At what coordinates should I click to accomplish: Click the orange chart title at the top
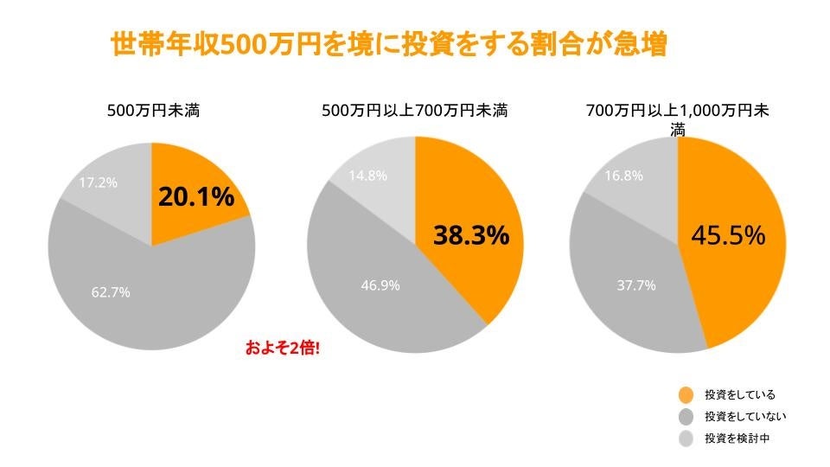pos(389,45)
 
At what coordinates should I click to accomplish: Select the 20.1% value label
pos(196,197)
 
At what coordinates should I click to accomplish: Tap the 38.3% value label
pos(470,235)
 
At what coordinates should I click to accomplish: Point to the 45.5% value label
pos(728,235)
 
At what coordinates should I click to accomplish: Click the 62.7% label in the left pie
pos(111,292)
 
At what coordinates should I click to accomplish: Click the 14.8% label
pos(367,176)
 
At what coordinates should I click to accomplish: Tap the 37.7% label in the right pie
pos(636,285)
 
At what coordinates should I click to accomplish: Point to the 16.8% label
pos(622,176)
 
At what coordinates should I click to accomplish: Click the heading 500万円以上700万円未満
pos(414,112)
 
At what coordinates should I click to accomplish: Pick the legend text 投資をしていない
pos(744,417)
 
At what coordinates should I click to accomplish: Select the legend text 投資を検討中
pos(737,438)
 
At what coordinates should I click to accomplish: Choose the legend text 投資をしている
pos(740,395)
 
